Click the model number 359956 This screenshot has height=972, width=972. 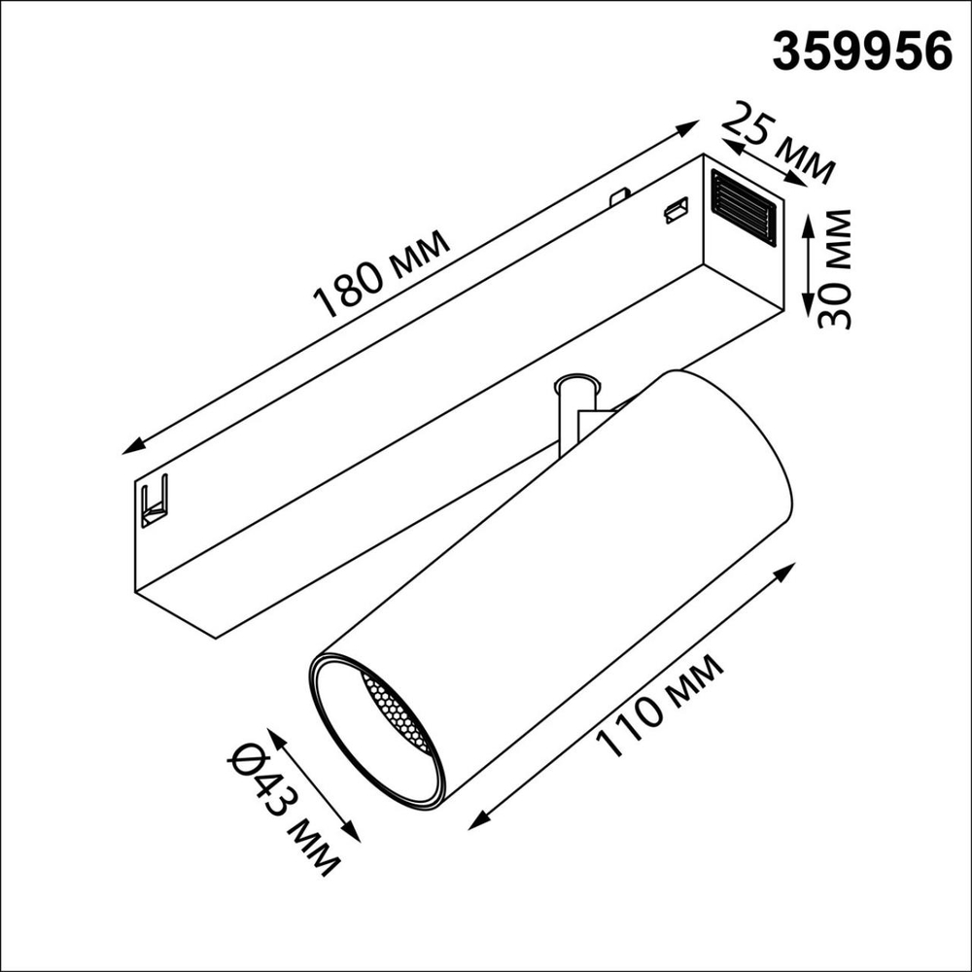[x=861, y=50]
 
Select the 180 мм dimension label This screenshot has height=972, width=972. [x=381, y=278]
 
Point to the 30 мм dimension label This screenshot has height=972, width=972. [x=833, y=268]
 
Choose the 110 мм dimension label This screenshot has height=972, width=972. [x=660, y=707]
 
